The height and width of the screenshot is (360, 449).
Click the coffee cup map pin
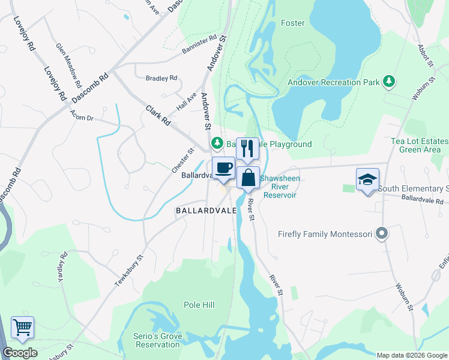(223, 168)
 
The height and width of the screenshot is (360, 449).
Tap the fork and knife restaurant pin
(247, 148)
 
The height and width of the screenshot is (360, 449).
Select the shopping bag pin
(249, 178)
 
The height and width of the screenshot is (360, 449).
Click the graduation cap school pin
(367, 180)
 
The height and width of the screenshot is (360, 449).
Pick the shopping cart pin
(22, 328)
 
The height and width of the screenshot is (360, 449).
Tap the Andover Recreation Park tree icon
(389, 81)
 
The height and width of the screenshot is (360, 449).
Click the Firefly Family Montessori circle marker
(381, 234)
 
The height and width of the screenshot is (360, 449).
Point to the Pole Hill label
(199, 305)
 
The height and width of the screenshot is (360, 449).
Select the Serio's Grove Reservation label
(158, 340)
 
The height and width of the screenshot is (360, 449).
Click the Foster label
(292, 23)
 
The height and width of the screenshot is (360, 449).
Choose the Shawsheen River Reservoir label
(280, 187)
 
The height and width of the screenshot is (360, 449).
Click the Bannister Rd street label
(199, 45)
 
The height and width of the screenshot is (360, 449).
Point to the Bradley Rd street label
(162, 78)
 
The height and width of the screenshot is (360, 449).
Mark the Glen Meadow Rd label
(68, 61)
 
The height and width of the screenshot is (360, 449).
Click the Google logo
(20, 353)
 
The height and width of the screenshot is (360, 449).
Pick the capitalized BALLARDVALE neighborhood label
(203, 211)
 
